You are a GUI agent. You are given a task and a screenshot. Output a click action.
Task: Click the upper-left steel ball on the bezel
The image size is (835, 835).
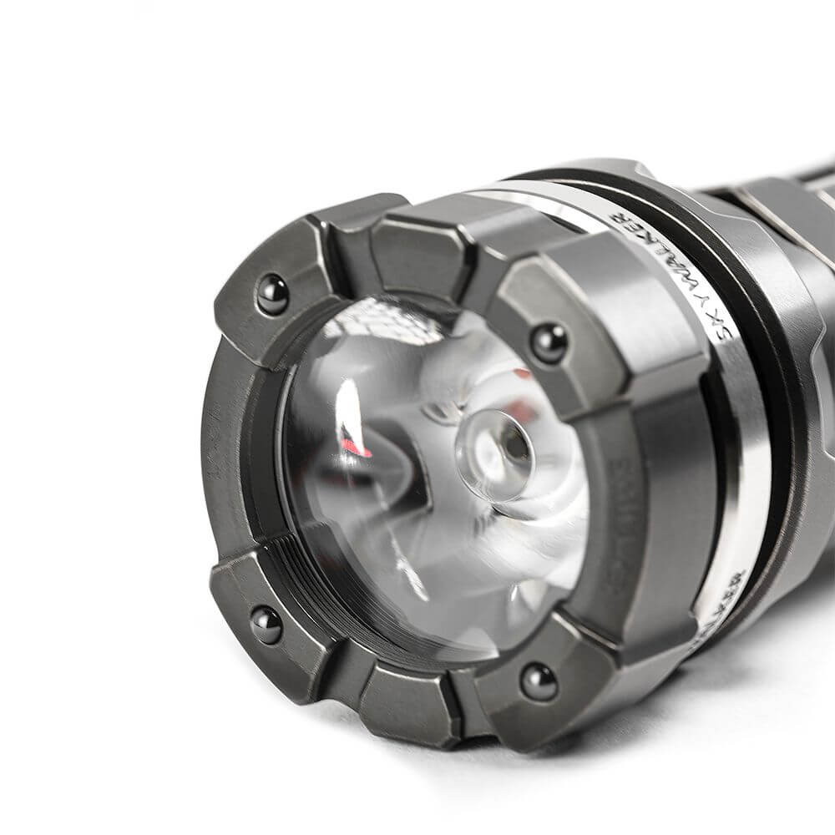[272, 294]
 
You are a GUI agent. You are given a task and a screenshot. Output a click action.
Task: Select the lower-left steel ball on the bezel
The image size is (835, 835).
[266, 624]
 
